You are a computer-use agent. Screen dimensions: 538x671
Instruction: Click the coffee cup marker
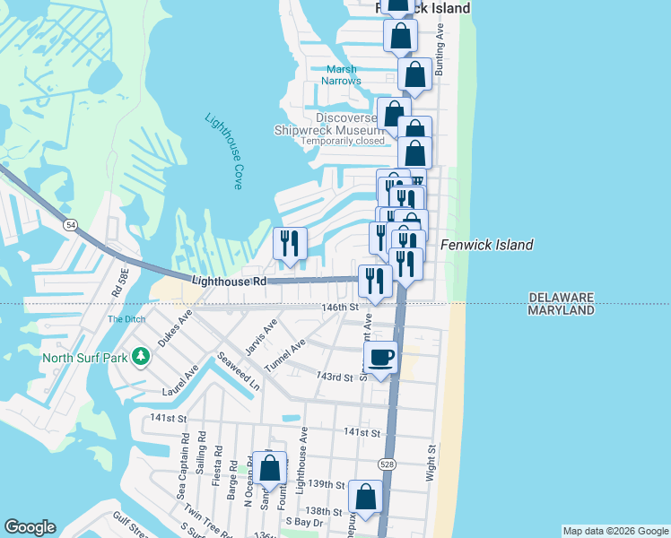tap(381, 357)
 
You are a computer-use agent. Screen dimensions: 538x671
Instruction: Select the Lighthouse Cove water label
tap(223, 151)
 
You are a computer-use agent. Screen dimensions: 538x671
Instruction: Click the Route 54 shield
tap(69, 224)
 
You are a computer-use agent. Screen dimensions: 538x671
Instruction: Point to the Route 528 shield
tap(386, 464)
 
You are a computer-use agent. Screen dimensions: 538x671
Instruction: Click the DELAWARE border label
tap(562, 297)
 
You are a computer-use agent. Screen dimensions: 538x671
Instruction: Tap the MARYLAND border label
tap(562, 310)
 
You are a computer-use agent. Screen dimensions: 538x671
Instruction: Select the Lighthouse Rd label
tap(230, 281)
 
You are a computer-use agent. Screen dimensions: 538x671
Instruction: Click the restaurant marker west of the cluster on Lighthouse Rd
tap(290, 244)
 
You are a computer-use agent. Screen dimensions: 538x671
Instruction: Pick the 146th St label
tap(340, 307)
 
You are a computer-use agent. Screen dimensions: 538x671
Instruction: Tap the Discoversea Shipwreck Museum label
tap(330, 124)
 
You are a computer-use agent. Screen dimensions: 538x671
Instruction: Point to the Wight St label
tap(431, 462)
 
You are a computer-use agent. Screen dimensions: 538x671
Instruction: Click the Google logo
tap(30, 527)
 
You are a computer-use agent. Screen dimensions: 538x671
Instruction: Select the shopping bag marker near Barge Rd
tap(268, 468)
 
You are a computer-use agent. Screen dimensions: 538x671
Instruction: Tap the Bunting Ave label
tap(440, 44)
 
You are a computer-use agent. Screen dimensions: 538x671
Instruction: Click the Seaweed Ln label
tap(238, 370)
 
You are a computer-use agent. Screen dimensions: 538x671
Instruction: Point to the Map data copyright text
tap(614, 531)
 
